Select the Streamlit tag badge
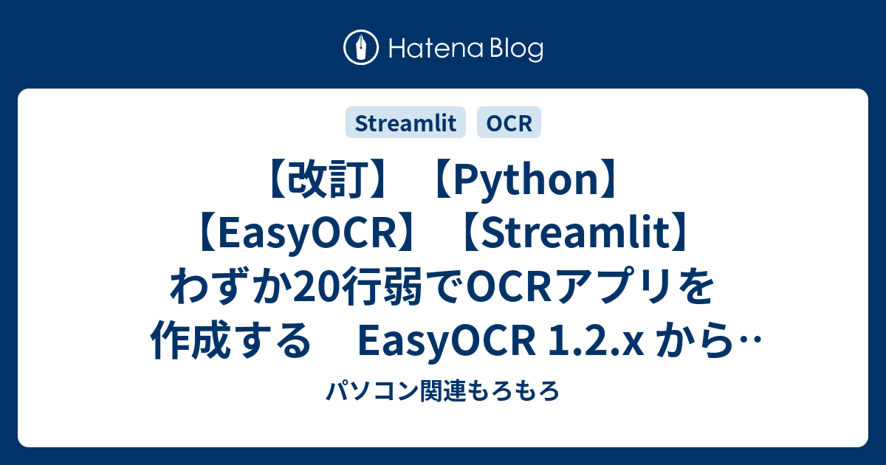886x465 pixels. [x=405, y=123]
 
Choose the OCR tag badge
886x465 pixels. [x=509, y=123]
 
